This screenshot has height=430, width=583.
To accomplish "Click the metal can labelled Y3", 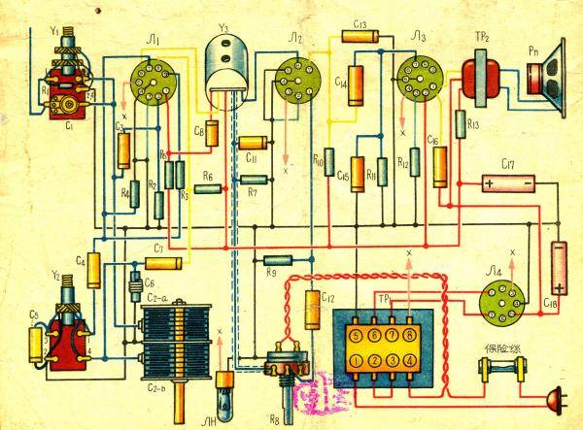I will click(x=231, y=70).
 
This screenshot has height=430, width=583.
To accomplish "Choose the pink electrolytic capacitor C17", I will click(x=509, y=182).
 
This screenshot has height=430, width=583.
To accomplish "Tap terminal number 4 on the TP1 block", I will click(x=411, y=362).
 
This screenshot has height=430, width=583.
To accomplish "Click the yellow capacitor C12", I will click(x=313, y=311).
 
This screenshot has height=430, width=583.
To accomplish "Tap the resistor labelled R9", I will click(x=277, y=259).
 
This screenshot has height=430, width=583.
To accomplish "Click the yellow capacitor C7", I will click(x=165, y=263).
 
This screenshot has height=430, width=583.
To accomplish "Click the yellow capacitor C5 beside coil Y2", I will click(x=38, y=340).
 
